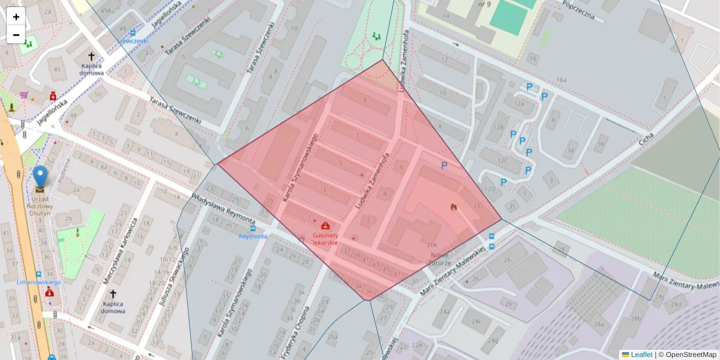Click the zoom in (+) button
[16, 17]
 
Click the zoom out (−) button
[16, 35]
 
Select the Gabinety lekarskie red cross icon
[325, 226]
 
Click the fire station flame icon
[454, 207]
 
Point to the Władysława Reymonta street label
[223, 209]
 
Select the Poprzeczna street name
[578, 10]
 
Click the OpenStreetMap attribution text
[691, 355]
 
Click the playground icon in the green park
[376, 37]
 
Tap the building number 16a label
[561, 80]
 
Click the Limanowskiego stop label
[39, 282]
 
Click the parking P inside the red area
[444, 166]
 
